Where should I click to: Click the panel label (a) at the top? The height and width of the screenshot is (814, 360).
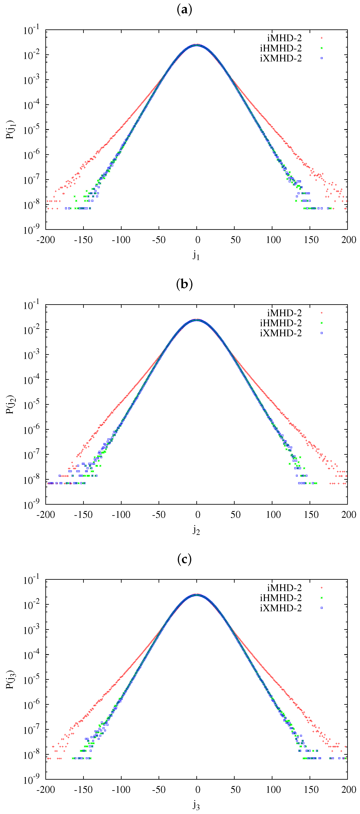[x=184, y=10]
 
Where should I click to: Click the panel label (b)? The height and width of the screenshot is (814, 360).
[x=184, y=284]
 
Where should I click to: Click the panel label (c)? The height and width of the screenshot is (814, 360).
[x=184, y=559]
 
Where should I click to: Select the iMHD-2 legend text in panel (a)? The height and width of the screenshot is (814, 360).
[x=284, y=38]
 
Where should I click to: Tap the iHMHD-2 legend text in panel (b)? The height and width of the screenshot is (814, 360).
[x=281, y=323]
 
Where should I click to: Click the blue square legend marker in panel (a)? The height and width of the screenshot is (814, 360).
[x=321, y=58]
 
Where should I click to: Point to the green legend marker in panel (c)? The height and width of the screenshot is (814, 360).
[x=321, y=598]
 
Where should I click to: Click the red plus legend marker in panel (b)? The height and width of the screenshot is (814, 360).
[x=321, y=313]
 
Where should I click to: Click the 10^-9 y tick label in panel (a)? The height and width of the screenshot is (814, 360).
[x=31, y=230]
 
